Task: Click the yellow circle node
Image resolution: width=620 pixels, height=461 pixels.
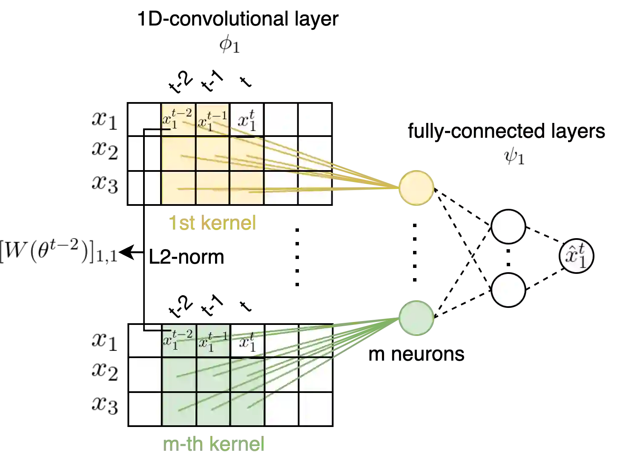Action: point(416,188)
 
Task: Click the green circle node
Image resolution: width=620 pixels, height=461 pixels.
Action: point(416,318)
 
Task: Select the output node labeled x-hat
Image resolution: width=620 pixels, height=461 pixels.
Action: point(576,256)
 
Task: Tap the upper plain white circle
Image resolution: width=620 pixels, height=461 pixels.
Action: point(508,227)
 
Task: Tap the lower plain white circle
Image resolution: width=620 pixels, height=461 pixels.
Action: point(508,290)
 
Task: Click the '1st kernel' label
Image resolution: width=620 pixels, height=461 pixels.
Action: point(212,223)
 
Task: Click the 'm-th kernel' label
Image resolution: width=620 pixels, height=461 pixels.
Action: point(214,445)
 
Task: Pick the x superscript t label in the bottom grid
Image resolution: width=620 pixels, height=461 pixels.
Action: point(247,341)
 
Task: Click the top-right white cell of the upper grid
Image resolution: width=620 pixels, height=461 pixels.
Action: point(315,120)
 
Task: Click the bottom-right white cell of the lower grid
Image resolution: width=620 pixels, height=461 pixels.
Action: point(315,409)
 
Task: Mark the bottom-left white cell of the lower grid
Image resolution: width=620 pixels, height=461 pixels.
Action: point(145,409)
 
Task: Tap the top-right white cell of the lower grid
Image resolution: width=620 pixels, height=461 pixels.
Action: point(315,341)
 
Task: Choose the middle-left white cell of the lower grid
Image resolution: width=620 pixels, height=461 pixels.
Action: point(145,375)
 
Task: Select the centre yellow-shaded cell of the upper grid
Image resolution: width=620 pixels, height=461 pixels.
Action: point(212,154)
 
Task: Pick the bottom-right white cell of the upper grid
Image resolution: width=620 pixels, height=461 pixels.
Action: point(315,188)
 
